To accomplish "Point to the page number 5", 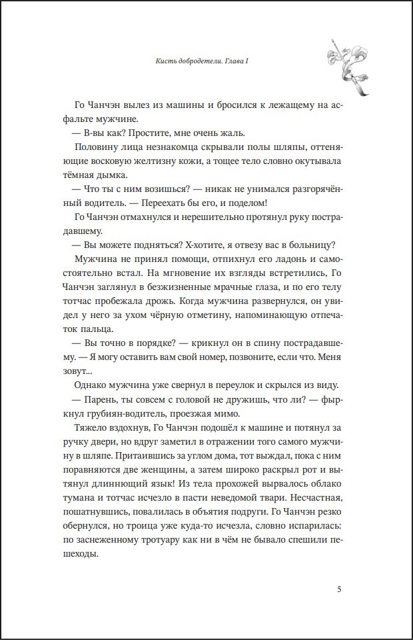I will pyautogui.click(x=340, y=589).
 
